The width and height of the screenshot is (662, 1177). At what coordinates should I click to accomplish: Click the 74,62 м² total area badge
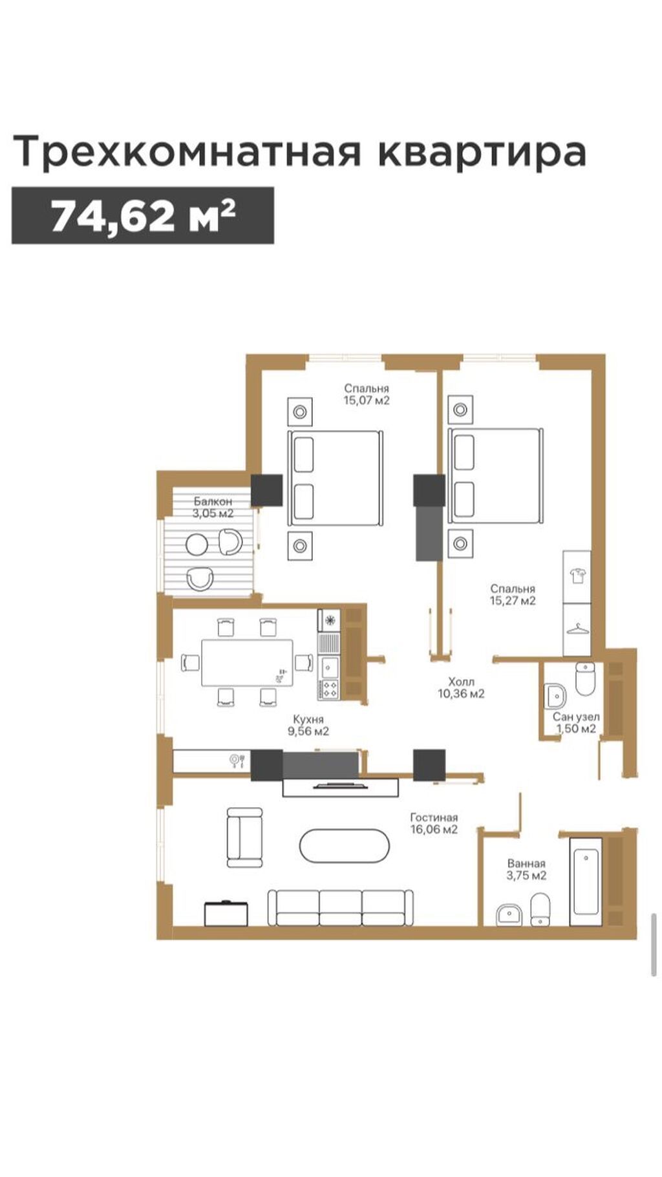[143, 215]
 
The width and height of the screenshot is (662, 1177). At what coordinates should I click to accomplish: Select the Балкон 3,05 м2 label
[213, 508]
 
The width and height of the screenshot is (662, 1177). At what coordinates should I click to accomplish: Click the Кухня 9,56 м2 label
[308, 725]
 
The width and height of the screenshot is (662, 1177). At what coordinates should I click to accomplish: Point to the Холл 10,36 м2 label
[461, 687]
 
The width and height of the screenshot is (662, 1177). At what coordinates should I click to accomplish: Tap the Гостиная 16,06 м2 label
[434, 823]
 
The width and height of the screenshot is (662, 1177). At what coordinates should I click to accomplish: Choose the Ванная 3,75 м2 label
[526, 869]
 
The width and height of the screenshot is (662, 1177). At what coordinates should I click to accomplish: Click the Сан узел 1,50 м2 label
[576, 723]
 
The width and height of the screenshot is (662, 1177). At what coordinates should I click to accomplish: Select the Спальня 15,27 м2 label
[513, 594]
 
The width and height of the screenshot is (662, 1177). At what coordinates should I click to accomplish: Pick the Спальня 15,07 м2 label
[367, 394]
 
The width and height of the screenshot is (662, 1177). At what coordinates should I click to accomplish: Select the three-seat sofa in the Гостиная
[341, 907]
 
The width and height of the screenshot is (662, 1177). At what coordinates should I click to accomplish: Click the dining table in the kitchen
[246, 663]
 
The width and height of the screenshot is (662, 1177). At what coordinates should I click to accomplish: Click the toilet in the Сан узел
[584, 679]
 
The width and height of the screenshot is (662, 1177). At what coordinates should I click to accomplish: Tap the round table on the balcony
[197, 545]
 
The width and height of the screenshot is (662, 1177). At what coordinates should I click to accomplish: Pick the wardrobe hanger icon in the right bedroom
[576, 627]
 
